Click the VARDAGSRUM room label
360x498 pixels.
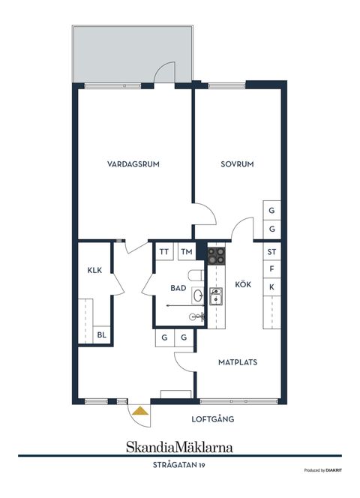pos(133,164)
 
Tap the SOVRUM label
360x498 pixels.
pos(237,164)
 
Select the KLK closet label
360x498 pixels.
pos(94,270)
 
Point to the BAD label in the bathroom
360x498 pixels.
pos(178,287)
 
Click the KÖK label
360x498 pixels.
pos(243,284)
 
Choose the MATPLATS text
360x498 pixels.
pos(238,361)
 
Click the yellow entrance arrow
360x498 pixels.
pos(139,409)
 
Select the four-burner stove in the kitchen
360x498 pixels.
pos(216,256)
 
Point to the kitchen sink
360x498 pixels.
pos(216,296)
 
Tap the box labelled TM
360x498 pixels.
pos(186,252)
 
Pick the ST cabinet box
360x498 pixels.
pos(271,252)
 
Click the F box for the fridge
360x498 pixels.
pos(271,268)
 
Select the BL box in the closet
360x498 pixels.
pos(101,335)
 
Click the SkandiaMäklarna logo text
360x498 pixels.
pos(179,446)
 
